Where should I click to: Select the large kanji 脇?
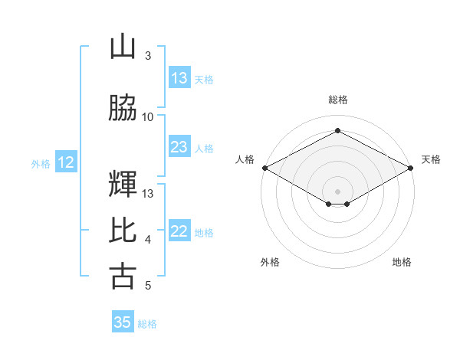click(x=123, y=107)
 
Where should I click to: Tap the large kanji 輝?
click(x=123, y=184)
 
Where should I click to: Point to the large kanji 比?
click(x=123, y=230)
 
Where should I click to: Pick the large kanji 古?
click(x=123, y=277)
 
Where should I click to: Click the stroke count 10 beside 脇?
click(x=147, y=117)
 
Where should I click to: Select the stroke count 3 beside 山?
click(x=148, y=55)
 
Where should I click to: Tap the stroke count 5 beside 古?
click(x=148, y=285)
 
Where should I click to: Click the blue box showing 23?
click(x=179, y=146)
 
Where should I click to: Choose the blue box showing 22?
click(x=179, y=230)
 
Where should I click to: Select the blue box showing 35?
click(x=123, y=321)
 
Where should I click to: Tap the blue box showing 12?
click(x=66, y=162)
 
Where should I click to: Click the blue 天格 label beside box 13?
click(x=204, y=80)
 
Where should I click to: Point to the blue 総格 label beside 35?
click(x=147, y=324)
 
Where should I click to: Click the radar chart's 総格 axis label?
click(x=338, y=100)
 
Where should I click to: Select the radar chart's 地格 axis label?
click(x=402, y=262)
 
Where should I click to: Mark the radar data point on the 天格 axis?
click(x=411, y=168)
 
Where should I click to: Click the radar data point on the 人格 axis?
click(x=265, y=168)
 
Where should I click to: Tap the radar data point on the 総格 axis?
click(x=337, y=130)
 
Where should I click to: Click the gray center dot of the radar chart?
click(x=337, y=191)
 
